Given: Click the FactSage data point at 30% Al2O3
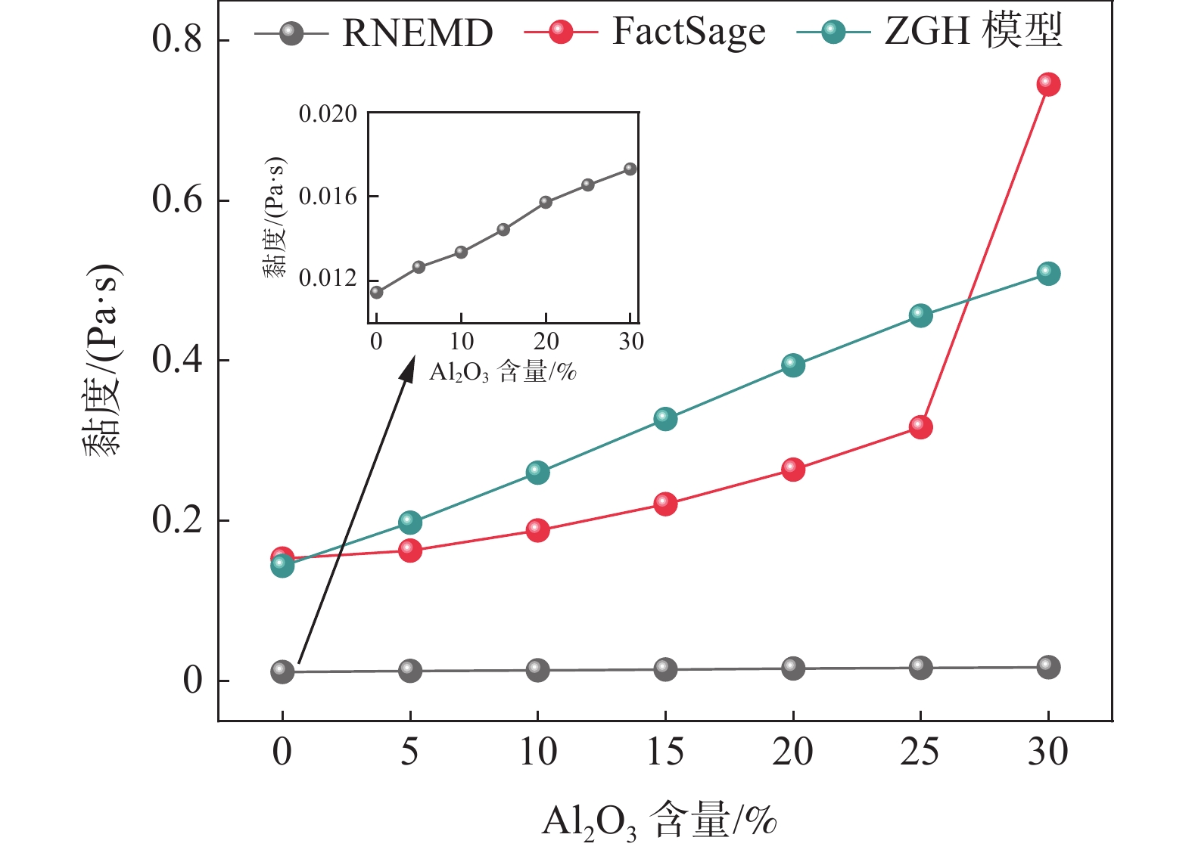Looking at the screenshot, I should point(1047,84).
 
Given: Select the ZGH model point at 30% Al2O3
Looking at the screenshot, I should point(1047,273).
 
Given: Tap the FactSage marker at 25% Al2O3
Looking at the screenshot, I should point(920,426).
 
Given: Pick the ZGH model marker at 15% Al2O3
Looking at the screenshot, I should point(665,418).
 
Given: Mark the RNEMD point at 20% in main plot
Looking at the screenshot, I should point(792,668).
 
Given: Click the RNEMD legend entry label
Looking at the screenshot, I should point(417,33).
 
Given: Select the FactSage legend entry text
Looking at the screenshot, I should point(688,33).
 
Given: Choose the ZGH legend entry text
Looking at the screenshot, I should point(973,32).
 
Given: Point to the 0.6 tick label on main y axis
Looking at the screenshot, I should point(177,200).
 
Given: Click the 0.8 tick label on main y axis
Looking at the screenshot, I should point(177,39).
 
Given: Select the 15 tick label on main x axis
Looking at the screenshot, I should point(665,752).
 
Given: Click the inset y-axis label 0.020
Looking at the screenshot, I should point(328,114).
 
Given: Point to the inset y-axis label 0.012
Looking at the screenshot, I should point(328,278).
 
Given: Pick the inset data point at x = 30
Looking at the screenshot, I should point(630,169).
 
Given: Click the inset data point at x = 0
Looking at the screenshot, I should point(376,292).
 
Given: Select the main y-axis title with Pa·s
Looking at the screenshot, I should point(102,360).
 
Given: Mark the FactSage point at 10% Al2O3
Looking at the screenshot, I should point(537,529).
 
